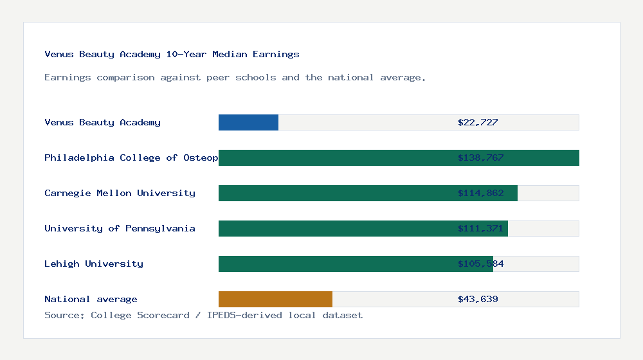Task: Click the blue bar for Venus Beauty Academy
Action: pos(248,122)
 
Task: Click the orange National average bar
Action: pos(275,299)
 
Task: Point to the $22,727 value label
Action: pos(478,122)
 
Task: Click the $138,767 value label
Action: pos(480,157)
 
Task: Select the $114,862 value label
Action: pos(480,193)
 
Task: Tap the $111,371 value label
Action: pos(480,228)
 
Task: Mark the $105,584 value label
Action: pos(480,264)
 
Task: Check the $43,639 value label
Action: pos(478,299)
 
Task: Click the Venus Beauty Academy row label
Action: pos(102,122)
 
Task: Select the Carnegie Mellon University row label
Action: pos(120,193)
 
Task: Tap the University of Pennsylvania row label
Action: pos(120,228)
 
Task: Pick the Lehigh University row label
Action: pos(94,264)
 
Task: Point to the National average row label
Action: pos(91,299)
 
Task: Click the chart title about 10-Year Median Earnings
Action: pos(172,55)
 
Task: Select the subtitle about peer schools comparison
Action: pos(235,78)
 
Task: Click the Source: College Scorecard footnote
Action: pos(203,315)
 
